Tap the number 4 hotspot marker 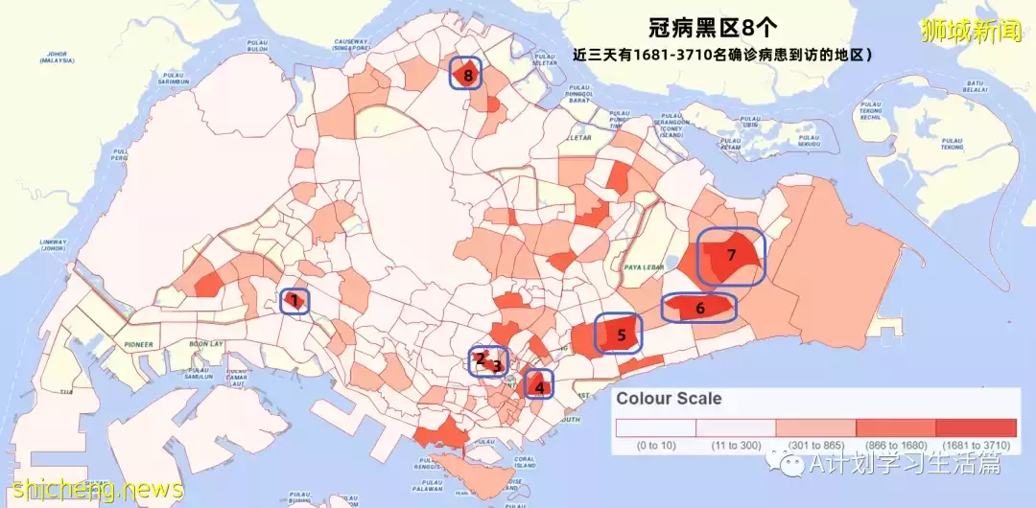coord(539,387)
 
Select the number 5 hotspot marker coord(621,335)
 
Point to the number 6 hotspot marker coord(699,308)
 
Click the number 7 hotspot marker coord(731,256)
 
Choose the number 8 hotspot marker coord(467,74)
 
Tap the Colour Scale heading coord(669,399)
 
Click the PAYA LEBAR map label coord(644,267)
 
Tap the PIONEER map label coord(138,344)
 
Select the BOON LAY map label coord(205,344)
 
